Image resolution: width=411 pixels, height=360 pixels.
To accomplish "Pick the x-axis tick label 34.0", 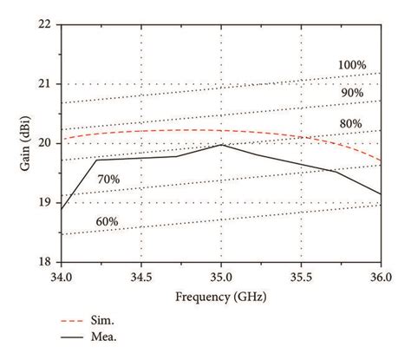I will (62, 276).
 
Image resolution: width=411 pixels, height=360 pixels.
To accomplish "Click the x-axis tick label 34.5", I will (141, 276).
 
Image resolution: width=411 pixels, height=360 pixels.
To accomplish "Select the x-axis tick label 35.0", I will (221, 276).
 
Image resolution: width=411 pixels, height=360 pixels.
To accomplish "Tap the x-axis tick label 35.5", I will (301, 276).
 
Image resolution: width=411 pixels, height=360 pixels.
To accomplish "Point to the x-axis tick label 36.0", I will (381, 276).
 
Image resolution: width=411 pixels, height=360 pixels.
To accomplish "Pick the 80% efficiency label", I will (350, 123).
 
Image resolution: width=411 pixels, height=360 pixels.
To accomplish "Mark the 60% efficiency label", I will (107, 222).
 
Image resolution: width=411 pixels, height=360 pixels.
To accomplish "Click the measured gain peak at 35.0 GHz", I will (221, 144).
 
